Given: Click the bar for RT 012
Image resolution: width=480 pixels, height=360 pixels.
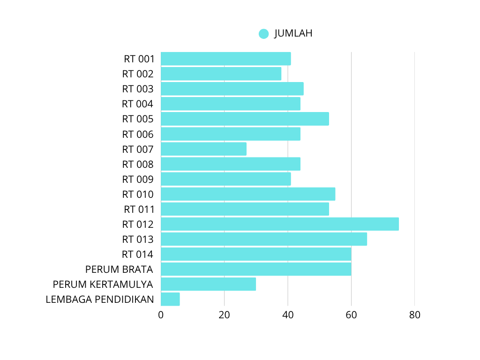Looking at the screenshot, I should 279,224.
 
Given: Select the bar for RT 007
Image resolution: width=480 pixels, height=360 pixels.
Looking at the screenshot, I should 203,149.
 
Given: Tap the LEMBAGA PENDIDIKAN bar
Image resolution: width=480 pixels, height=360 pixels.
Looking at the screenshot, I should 170,299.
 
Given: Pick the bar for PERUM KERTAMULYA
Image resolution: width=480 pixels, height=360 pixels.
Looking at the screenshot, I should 208,284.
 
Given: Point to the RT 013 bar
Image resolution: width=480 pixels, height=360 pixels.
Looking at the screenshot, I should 263,239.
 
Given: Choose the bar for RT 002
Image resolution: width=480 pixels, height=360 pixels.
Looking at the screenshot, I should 221,74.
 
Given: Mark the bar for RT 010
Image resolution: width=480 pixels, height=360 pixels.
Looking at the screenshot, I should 247,194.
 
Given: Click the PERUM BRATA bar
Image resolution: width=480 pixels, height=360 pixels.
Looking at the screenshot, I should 256,269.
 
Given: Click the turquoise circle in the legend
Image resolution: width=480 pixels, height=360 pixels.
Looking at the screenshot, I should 263,34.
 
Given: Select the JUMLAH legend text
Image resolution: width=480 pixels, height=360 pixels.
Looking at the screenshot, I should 293,33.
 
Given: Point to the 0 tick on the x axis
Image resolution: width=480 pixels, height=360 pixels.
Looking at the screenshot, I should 161,315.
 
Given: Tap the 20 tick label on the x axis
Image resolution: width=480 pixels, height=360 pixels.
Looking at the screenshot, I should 224,315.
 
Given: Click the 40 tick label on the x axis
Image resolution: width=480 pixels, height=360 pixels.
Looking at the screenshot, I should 288,315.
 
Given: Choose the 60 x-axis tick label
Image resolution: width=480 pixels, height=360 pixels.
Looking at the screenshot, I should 351,315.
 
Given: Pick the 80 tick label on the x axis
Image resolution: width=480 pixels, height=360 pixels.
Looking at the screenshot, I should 414,315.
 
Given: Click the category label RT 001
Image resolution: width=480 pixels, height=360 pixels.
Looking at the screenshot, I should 139,59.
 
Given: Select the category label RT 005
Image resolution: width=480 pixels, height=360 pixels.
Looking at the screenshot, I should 138,119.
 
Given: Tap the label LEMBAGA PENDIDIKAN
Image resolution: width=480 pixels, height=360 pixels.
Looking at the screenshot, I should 99,299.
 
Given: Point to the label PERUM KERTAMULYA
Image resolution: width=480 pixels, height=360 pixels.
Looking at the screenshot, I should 103,284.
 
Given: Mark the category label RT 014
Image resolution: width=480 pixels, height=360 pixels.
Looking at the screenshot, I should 138,255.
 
